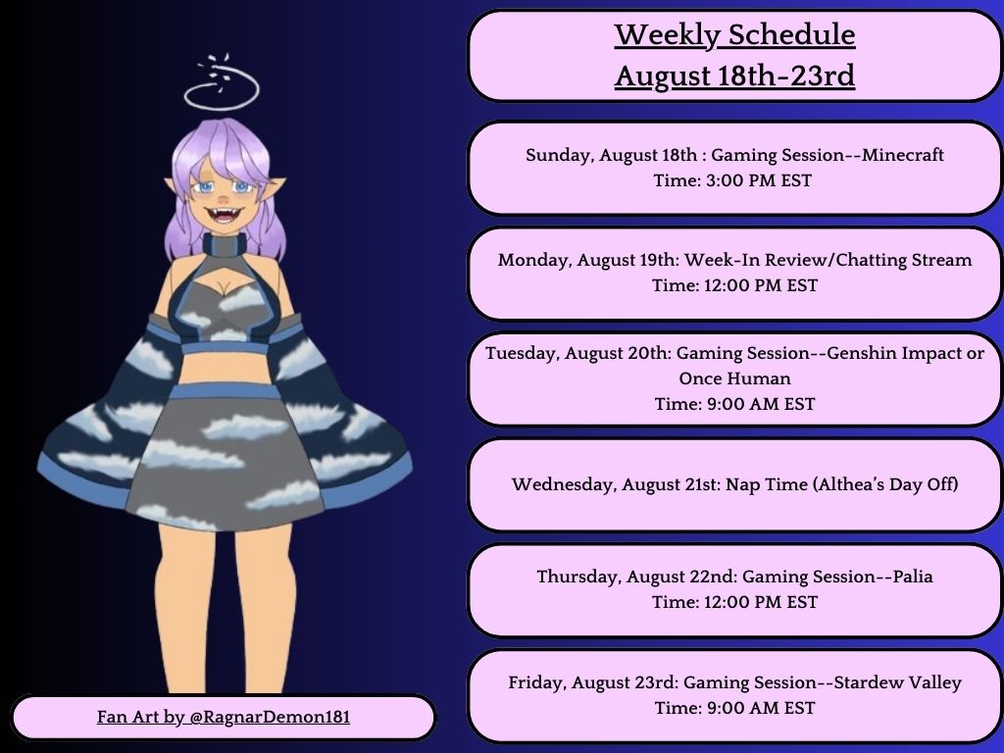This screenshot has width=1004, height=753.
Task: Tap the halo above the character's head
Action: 221,90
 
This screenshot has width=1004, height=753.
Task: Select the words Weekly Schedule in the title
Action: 734,35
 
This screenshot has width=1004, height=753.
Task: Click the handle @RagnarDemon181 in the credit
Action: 269,718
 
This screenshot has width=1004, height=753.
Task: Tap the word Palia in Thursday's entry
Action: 908,577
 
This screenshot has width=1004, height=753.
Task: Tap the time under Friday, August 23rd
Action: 734,708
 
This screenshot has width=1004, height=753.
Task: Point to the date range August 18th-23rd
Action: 734,75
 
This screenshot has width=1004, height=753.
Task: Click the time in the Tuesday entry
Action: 734,404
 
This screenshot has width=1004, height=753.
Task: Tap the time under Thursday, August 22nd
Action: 734,602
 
